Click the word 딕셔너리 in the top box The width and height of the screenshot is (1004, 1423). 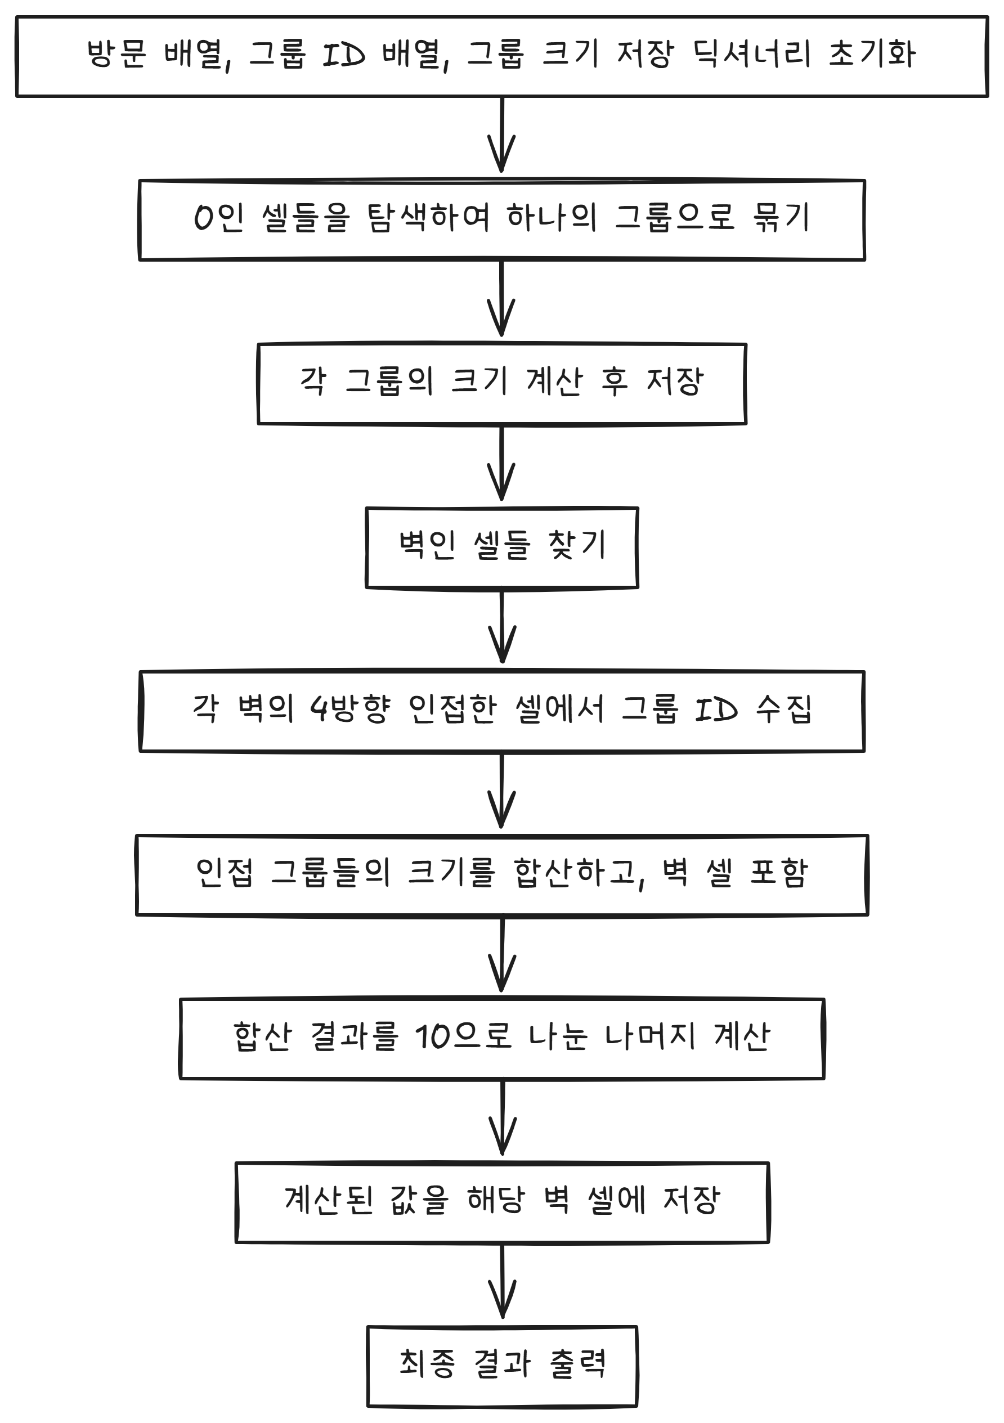[751, 54]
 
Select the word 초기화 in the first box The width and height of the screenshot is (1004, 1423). [872, 54]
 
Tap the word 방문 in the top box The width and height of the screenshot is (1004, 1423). [116, 54]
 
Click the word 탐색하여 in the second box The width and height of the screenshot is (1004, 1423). [428, 218]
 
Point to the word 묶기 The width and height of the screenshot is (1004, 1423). [781, 218]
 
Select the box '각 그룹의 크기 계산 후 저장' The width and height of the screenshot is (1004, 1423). [502, 384]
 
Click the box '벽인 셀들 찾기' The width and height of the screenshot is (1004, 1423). [502, 547]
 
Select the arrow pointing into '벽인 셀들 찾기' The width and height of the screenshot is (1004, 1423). [502, 465]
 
